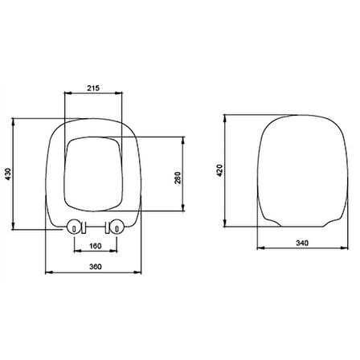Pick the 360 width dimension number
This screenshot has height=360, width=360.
[96, 268]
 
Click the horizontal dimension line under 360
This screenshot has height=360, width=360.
[96, 274]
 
